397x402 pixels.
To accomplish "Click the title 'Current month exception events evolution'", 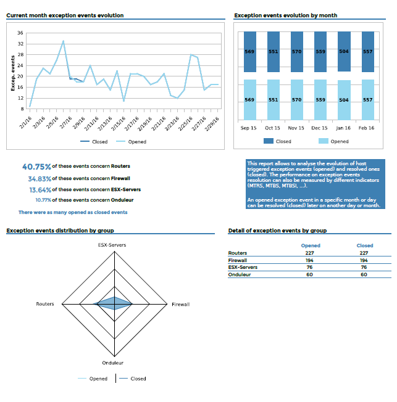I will [x=59, y=15].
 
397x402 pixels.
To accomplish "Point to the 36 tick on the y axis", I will [x=20, y=33].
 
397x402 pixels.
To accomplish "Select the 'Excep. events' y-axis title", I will [x=12, y=73].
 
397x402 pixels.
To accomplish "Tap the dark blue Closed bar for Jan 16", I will [x=344, y=52].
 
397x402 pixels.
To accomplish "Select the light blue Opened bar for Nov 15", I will [x=296, y=99].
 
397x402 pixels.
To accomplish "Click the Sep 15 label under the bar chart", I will [x=249, y=128].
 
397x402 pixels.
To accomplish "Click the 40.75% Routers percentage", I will [x=36, y=166].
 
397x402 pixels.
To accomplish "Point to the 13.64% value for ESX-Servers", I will [x=40, y=190].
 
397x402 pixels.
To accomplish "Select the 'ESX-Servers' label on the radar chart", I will [x=112, y=245].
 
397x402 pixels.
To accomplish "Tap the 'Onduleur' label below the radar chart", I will [x=113, y=363].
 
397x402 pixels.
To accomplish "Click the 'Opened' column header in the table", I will [x=310, y=245].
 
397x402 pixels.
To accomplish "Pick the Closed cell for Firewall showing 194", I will [x=364, y=260].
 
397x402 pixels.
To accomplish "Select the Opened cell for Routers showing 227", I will [x=310, y=253].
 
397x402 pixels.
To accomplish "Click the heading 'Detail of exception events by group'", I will [x=277, y=231].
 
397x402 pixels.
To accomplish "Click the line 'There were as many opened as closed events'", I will [x=73, y=212].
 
